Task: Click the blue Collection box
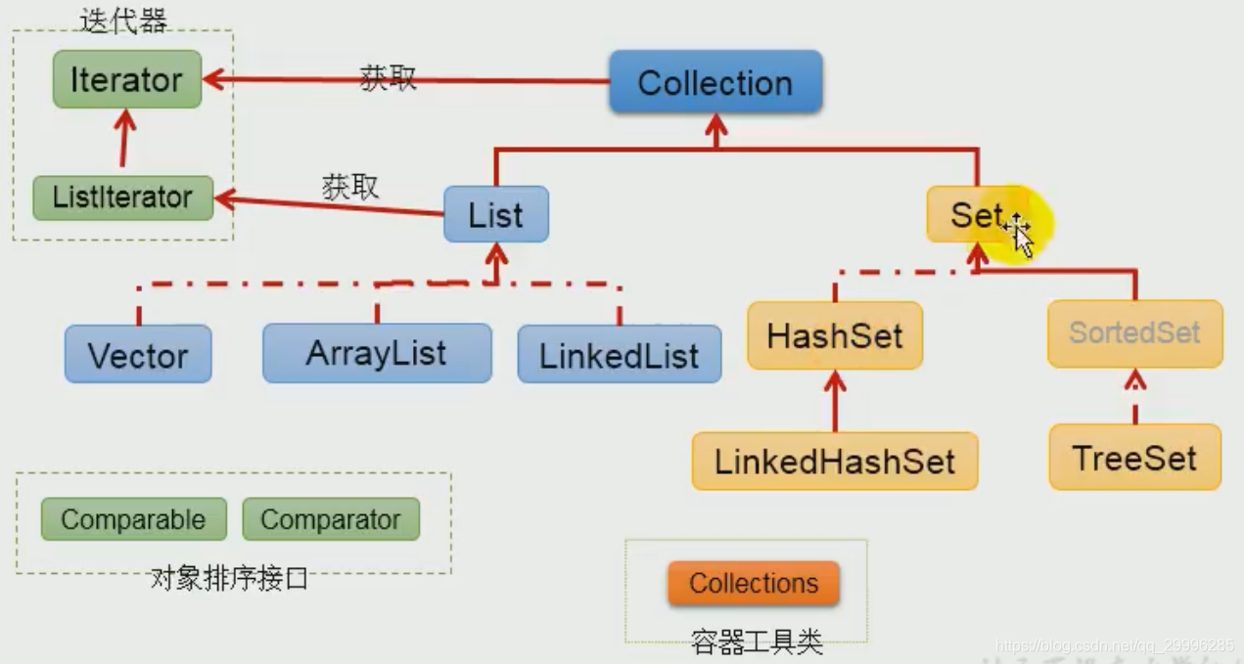tap(714, 82)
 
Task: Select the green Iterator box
tap(126, 79)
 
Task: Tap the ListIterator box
tap(122, 198)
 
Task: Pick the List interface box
tap(495, 215)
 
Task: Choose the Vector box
tap(138, 355)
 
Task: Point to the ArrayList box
tap(377, 353)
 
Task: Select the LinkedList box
tap(619, 355)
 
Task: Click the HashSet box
tap(834, 335)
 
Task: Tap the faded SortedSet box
tap(1134, 333)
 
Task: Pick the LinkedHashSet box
tap(834, 461)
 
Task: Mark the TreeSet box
tap(1134, 458)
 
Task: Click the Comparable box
tap(133, 519)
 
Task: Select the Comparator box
tap(330, 519)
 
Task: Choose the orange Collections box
tap(753, 584)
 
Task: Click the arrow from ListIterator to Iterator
tap(123, 141)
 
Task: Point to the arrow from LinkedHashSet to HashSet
tap(835, 401)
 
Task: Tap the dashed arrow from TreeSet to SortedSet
tap(1134, 396)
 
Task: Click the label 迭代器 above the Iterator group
tap(123, 21)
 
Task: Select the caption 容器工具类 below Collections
tap(757, 642)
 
